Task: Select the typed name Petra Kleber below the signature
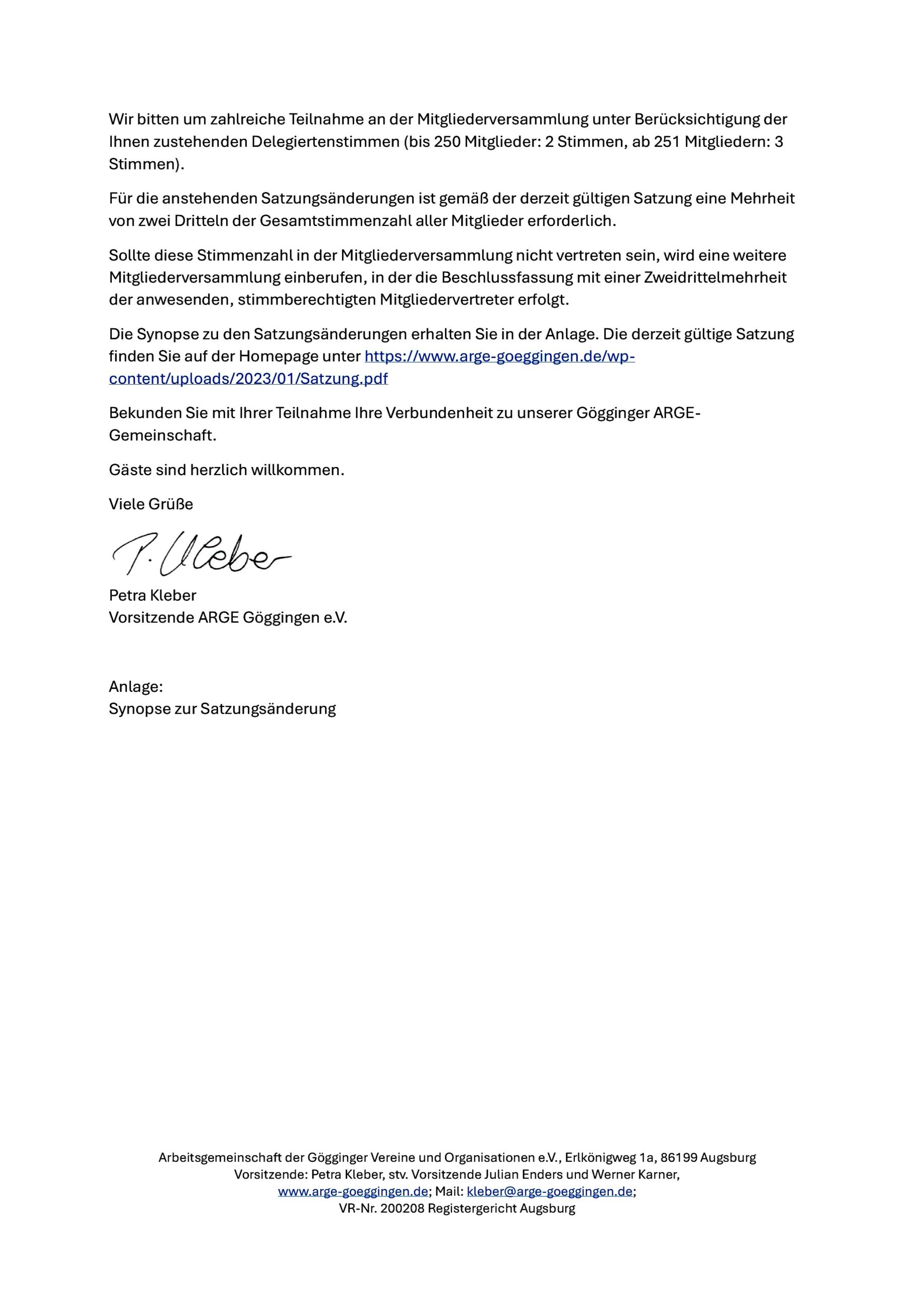point(152,596)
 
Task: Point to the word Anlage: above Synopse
point(136,687)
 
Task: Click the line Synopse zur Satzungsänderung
point(222,709)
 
